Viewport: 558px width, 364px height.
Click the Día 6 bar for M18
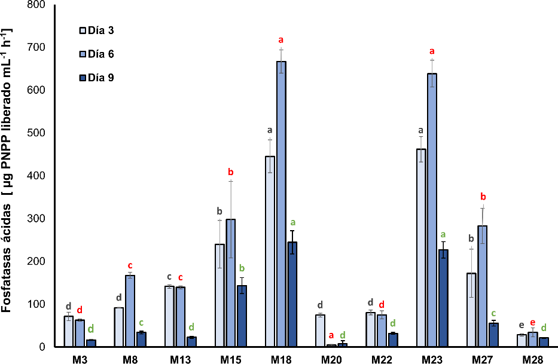pos(281,203)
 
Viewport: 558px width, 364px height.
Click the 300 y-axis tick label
pos(38,219)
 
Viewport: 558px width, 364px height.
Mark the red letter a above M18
pos(281,40)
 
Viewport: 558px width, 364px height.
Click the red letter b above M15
pos(230,173)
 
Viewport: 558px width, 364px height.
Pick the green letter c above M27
pos(493,314)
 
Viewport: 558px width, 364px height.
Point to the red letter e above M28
pos(533,322)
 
